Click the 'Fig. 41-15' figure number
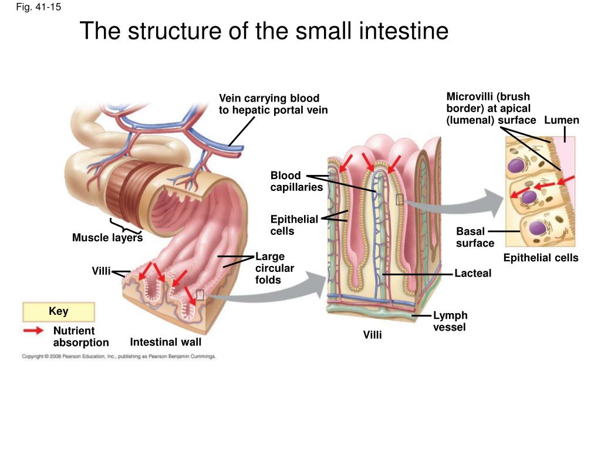[38, 7]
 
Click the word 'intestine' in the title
[400, 31]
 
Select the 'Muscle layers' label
[107, 238]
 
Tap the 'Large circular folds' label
[275, 268]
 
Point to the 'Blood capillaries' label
[296, 181]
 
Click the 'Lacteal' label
[473, 273]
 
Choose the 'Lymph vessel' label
[450, 321]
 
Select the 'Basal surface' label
[475, 237]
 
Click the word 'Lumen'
[562, 120]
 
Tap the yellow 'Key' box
[59, 311]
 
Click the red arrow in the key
[33, 330]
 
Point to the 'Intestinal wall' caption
[166, 342]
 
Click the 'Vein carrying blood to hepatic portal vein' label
[274, 104]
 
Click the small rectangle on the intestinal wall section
[200, 295]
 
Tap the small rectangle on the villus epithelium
[399, 200]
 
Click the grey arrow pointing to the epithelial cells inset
[456, 204]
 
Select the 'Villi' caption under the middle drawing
[373, 335]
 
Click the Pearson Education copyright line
[119, 356]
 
